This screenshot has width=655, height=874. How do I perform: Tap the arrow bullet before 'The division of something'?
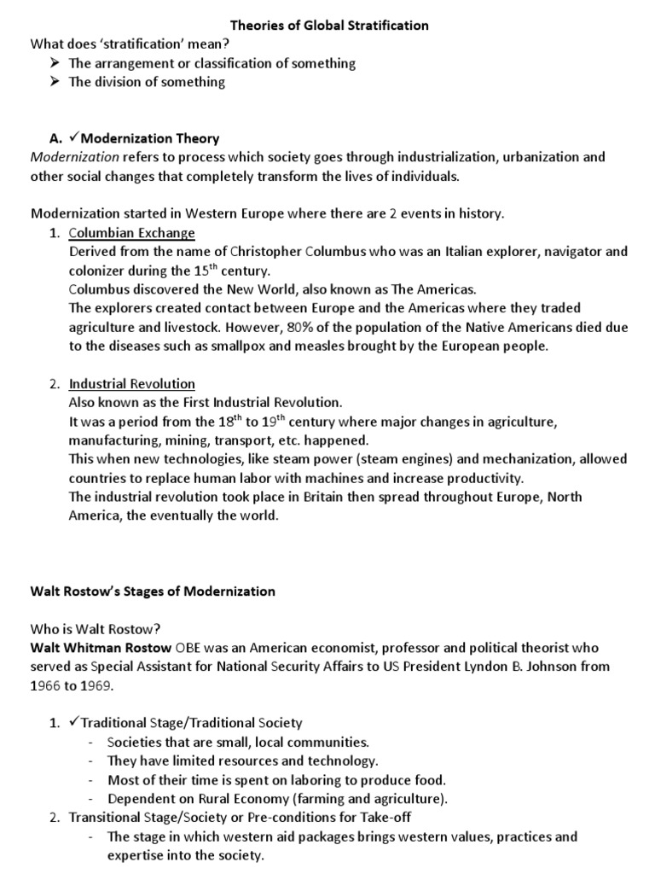(55, 82)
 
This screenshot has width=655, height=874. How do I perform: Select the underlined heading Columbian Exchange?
(132, 233)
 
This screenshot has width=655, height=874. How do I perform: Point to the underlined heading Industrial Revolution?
(132, 383)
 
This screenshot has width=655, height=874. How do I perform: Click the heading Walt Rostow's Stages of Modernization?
(154, 591)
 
